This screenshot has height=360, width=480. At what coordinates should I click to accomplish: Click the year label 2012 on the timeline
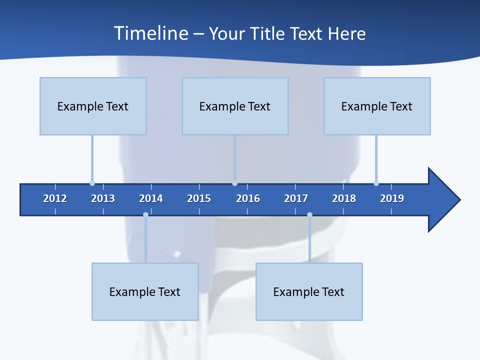55,198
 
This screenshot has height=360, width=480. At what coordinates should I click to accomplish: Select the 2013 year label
103,198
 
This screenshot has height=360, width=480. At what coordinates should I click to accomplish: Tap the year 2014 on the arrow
151,198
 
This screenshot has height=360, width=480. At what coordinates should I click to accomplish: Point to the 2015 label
199,198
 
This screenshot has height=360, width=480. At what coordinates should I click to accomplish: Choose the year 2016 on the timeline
248,198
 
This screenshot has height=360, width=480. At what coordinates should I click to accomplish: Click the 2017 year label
296,198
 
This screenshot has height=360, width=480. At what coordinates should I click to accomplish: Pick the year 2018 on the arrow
344,198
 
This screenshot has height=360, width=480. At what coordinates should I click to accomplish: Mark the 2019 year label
392,198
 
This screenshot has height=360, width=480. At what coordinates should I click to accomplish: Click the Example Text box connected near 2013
93,106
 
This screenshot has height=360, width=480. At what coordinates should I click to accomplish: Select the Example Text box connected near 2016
235,106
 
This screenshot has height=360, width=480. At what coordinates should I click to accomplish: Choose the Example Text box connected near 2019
377,106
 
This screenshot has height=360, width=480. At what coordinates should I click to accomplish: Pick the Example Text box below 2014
145,291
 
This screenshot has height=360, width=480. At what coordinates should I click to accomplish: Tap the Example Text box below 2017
309,291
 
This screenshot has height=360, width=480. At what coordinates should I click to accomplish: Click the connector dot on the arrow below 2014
145,214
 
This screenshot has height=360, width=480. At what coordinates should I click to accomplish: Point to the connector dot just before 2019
376,183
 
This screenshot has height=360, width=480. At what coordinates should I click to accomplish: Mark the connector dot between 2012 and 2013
92,183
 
